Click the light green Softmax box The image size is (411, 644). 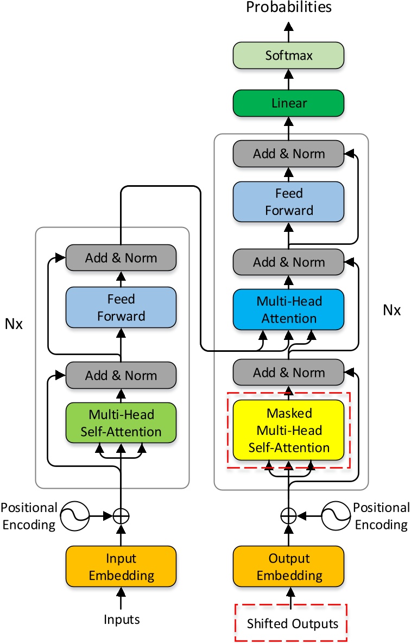point(288,56)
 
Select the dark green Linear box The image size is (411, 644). point(288,103)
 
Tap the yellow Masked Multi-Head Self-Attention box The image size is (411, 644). point(288,430)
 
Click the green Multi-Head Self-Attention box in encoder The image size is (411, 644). point(121,423)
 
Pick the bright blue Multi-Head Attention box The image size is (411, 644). point(288,309)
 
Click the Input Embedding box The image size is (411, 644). point(121,566)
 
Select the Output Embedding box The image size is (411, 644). point(288,566)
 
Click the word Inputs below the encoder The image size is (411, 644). point(121,619)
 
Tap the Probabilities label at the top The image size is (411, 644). point(288,7)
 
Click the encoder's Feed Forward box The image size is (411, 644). point(121,307)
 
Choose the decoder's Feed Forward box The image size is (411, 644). point(288,201)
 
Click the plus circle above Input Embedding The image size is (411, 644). point(121,515)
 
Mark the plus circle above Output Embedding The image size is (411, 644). point(288,515)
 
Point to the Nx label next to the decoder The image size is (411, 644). point(391,310)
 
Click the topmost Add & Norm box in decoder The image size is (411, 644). point(288,154)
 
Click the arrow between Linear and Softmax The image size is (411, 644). point(288,79)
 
